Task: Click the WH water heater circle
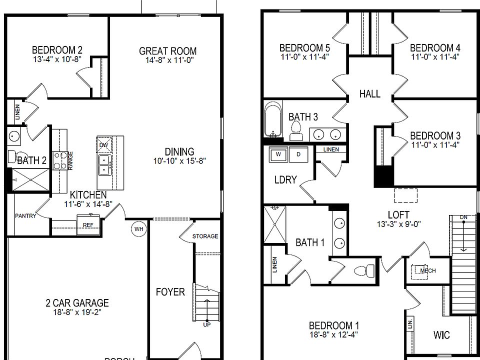[x=138, y=229]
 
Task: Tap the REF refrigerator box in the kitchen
[x=88, y=224]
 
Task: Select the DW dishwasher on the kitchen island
[x=103, y=145]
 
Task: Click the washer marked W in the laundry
[x=278, y=154]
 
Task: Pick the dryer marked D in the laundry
[x=298, y=154]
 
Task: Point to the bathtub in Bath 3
[x=272, y=119]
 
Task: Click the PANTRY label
[x=25, y=216]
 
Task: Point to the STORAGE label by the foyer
[x=205, y=236]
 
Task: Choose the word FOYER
[x=170, y=291]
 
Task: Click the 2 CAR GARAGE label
[x=76, y=302]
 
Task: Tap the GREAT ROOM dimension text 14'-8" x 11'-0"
[x=167, y=60]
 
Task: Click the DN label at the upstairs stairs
[x=463, y=216]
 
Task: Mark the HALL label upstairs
[x=369, y=93]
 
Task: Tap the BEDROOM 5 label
[x=304, y=48]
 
